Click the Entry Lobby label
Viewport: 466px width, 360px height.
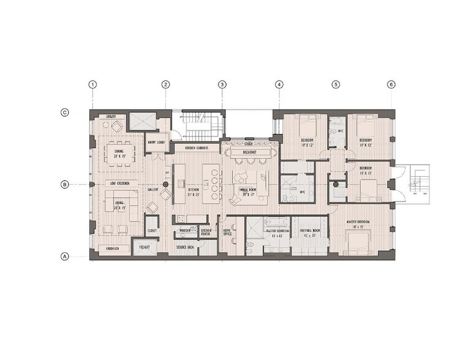(x=157, y=143)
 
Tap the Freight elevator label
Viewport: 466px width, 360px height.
(x=145, y=247)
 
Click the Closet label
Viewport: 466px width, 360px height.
(x=152, y=231)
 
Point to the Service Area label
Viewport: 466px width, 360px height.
(x=186, y=247)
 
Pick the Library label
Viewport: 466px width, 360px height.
(x=111, y=116)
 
